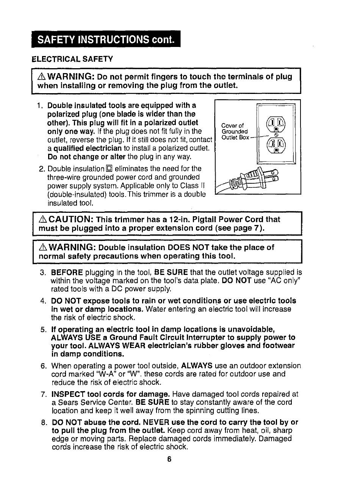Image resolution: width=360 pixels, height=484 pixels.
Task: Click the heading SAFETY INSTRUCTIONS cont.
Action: [x=106, y=39]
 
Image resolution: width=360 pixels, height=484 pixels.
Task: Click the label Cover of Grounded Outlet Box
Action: [x=235, y=131]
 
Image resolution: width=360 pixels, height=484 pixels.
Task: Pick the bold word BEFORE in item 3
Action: [x=67, y=272]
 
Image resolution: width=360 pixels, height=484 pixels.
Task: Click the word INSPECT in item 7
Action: [x=66, y=394]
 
